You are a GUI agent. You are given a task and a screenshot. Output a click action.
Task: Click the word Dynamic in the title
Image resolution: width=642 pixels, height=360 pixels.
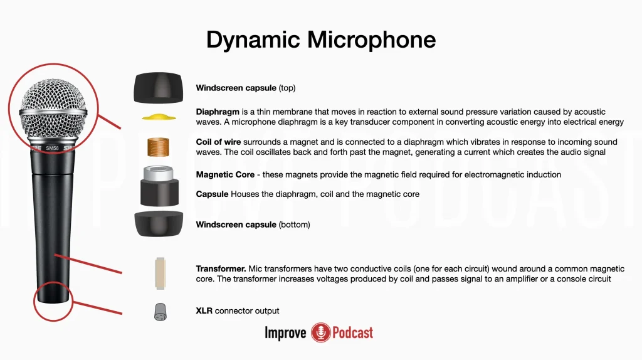click(253, 40)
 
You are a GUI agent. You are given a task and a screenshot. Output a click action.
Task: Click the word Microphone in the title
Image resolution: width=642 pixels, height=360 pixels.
click(371, 40)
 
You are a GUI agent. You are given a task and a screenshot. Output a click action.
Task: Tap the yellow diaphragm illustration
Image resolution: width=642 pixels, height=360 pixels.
click(159, 117)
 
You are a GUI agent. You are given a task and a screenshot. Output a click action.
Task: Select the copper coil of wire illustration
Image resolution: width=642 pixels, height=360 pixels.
click(158, 147)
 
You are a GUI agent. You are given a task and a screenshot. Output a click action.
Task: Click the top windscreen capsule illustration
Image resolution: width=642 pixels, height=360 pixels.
click(159, 88)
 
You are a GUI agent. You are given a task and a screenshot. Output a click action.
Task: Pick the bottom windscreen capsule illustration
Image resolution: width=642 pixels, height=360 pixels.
click(159, 224)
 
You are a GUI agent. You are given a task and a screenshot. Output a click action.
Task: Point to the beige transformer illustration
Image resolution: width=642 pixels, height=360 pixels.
click(160, 273)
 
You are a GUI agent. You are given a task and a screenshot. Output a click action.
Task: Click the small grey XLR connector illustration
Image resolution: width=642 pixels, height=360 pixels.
click(160, 312)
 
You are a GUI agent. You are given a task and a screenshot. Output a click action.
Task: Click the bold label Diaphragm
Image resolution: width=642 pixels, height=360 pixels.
click(218, 112)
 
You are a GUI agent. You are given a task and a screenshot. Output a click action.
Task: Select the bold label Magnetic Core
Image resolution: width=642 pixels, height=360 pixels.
click(225, 174)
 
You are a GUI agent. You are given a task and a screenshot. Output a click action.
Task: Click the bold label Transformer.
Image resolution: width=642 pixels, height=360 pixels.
click(221, 268)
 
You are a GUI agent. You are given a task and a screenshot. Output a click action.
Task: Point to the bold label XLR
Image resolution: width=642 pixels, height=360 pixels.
click(204, 310)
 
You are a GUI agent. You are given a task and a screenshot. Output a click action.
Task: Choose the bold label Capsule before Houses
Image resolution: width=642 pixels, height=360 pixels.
click(212, 194)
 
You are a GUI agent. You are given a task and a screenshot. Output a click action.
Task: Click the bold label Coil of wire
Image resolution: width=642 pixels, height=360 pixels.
click(218, 142)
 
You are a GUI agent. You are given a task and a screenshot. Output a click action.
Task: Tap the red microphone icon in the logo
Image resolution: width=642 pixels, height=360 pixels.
click(320, 332)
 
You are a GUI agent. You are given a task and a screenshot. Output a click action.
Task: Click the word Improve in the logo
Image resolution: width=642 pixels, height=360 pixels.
click(285, 333)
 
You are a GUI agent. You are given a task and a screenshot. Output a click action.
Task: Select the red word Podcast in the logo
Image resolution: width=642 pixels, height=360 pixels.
click(352, 332)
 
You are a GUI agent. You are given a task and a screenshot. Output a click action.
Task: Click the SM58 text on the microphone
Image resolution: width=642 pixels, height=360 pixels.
click(52, 148)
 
